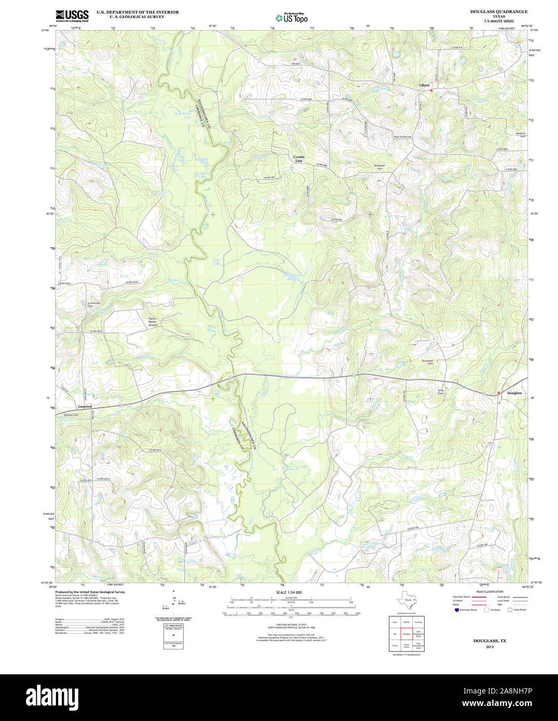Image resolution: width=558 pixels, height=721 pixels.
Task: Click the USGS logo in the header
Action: tap(72, 15)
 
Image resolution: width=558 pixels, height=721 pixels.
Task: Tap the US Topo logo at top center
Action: tap(291, 18)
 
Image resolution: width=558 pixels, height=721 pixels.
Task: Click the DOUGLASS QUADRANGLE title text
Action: tap(498, 11)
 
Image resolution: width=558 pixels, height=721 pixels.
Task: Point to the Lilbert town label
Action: tap(424, 86)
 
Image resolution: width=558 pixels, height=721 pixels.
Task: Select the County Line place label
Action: tap(299, 159)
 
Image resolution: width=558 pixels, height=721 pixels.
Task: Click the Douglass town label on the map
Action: tap(514, 393)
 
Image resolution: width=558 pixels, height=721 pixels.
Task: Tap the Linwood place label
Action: tap(85, 406)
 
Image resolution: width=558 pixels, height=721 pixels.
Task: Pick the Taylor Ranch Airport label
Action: tap(152, 322)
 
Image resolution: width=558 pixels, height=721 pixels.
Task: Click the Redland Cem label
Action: tap(519, 134)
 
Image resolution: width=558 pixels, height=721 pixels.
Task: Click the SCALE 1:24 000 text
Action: tap(289, 592)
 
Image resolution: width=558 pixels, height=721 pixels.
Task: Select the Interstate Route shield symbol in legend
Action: tap(456, 610)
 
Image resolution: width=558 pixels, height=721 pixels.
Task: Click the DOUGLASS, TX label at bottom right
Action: tap(490, 641)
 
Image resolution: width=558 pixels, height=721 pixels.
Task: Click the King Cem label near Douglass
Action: tap(441, 392)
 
